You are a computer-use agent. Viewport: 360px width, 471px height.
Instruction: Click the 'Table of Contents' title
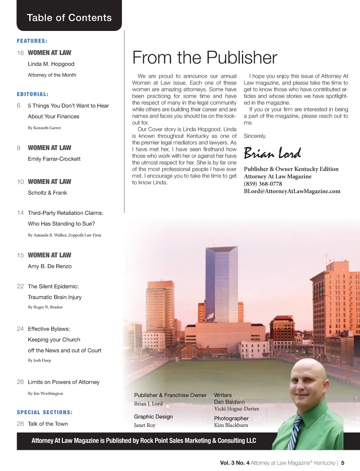click(69, 18)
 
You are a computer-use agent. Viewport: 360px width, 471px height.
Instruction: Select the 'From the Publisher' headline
click(205, 58)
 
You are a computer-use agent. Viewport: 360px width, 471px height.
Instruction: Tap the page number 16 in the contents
click(20, 53)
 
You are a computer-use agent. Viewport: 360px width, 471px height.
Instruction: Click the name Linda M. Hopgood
click(51, 64)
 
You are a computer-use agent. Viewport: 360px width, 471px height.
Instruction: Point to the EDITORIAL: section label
click(33, 94)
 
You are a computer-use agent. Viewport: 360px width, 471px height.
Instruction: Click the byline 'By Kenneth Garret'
click(44, 128)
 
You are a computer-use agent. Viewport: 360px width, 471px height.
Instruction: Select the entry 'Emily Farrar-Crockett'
click(54, 159)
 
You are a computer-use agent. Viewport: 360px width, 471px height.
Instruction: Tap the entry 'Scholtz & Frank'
click(47, 193)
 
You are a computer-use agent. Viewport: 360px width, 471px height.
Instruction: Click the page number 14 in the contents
click(20, 213)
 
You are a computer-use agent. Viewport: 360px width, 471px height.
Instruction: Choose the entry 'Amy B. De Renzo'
click(50, 266)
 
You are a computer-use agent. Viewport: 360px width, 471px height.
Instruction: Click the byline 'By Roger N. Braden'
click(45, 307)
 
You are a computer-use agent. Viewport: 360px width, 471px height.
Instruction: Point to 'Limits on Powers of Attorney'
click(64, 382)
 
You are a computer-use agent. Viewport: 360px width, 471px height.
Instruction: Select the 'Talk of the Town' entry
click(48, 424)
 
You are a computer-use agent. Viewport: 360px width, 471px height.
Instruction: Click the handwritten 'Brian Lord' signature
click(272, 153)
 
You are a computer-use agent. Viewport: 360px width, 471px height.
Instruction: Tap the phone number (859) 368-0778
click(263, 184)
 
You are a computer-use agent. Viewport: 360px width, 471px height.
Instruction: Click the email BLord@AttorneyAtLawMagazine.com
click(292, 191)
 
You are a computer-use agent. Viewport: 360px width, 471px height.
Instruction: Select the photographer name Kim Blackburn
click(231, 425)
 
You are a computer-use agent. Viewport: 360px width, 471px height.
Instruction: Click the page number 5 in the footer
click(343, 463)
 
